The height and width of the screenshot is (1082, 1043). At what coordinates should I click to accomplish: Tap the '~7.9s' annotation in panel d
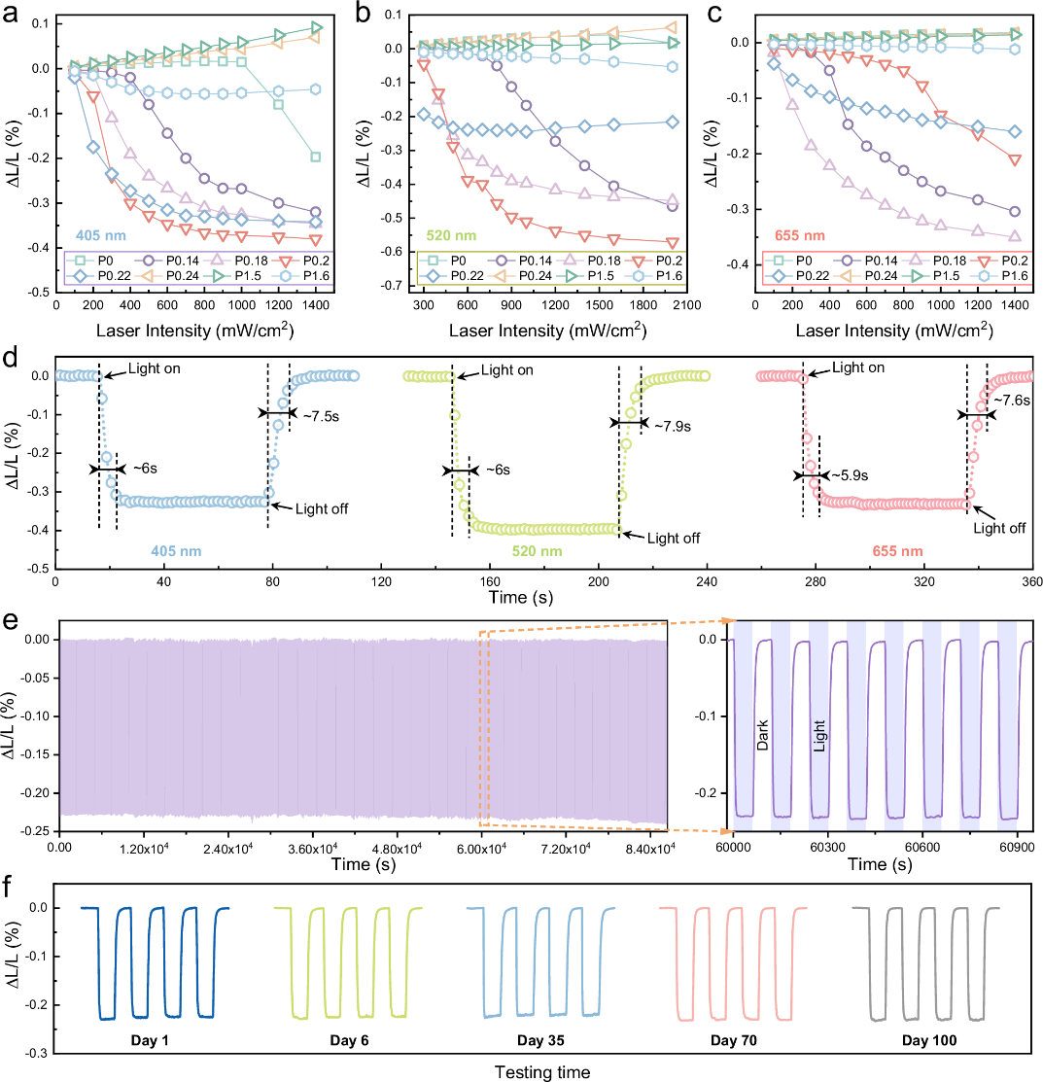tap(670, 426)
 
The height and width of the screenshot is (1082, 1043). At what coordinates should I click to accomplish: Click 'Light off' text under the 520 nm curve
tap(673, 537)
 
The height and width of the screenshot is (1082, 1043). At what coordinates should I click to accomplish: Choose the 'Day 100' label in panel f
tap(924, 1040)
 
